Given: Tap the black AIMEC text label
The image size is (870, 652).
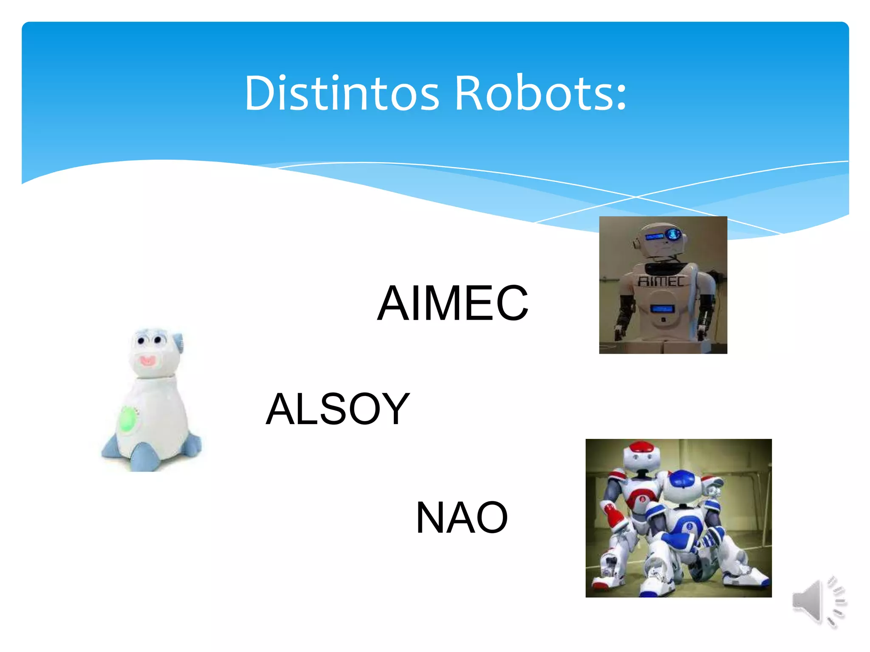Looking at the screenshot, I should tap(453, 303).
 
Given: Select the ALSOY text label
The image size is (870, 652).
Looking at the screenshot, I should tap(338, 409).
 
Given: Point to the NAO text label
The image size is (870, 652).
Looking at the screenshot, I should tap(462, 517).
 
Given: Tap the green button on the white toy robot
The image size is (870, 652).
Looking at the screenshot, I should tap(127, 419).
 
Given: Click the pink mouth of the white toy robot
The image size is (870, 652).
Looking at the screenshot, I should tap(147, 361).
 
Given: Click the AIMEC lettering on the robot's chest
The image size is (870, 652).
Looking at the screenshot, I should tap(661, 281).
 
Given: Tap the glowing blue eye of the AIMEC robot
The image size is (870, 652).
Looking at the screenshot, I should tap(673, 234).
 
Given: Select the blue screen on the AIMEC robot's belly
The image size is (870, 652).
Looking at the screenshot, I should tap(662, 309).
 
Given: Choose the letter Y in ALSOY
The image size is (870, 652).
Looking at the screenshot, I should tap(395, 409).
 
